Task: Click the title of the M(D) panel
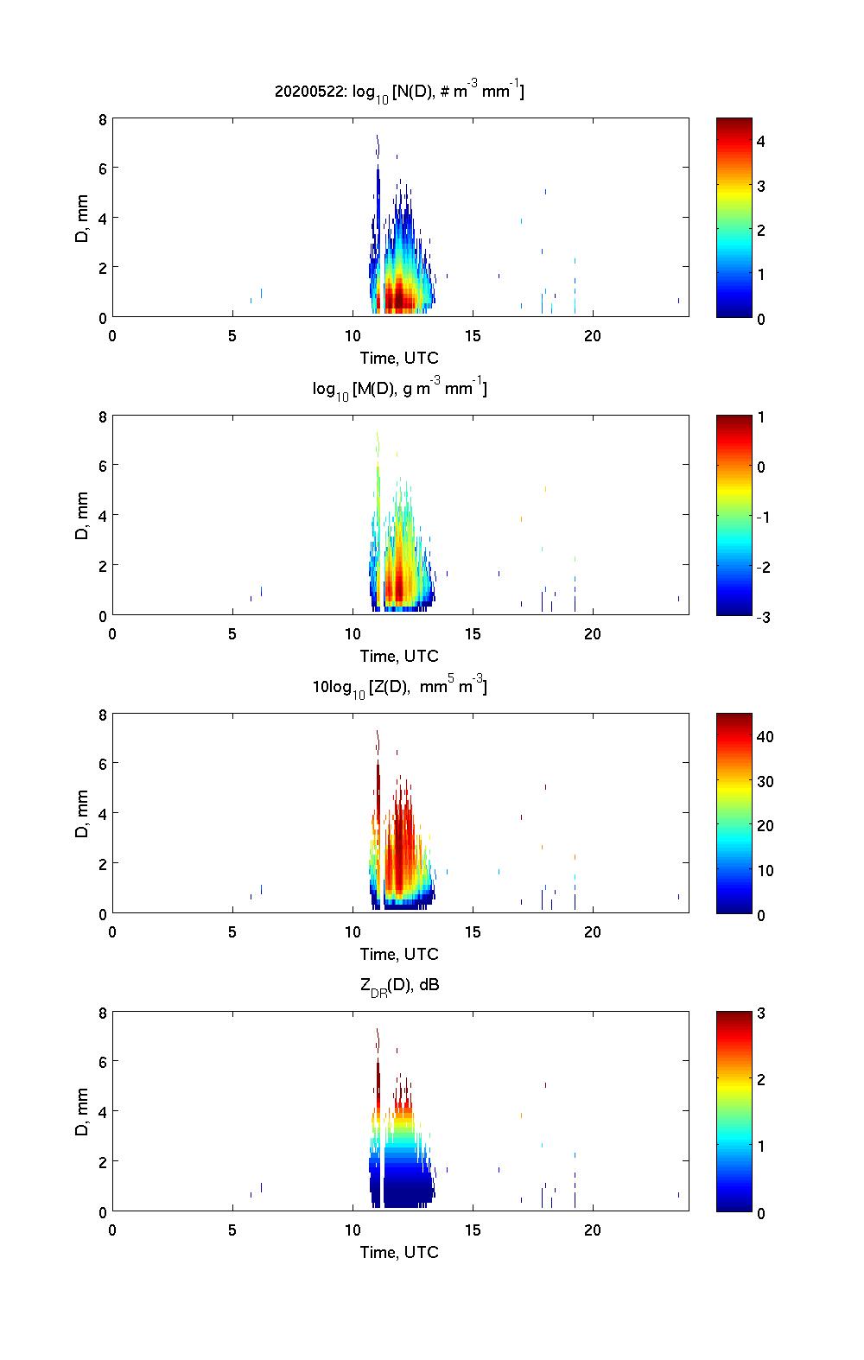coord(399,389)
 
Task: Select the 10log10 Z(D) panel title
coord(399,687)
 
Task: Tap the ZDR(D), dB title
coord(399,985)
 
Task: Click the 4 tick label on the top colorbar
coord(761,141)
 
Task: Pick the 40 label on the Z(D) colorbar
coord(765,736)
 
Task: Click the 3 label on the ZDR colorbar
coord(761,1014)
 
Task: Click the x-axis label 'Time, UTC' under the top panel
coord(399,358)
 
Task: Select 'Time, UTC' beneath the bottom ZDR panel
coord(399,1252)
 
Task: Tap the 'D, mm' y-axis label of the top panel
coord(82,219)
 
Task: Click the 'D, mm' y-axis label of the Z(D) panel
coord(82,815)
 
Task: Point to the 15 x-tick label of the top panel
coord(472,336)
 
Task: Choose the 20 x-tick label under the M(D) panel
coord(592,634)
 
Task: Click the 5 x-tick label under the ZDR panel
coord(232,1230)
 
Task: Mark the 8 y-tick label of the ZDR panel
coord(101,1013)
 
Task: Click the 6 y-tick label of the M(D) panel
coord(101,466)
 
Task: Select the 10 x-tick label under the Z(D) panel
coord(352,932)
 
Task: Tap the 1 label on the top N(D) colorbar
coord(761,274)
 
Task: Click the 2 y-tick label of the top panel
coord(101,268)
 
